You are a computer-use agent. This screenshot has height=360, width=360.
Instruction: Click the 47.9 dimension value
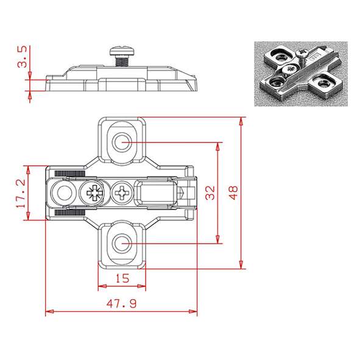coord(121,303)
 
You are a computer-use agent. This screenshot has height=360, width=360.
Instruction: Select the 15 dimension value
coord(122,278)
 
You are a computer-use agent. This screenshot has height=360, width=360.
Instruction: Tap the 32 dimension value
coord(210,193)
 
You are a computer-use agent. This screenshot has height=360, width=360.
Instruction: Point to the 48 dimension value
coord(233,193)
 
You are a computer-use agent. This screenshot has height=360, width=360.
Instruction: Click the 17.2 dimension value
coord(21,193)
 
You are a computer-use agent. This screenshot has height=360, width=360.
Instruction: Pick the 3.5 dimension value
coord(23,57)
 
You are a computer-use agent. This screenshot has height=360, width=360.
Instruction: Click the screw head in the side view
coord(122,52)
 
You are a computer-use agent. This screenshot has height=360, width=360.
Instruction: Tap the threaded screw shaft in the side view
coord(122,62)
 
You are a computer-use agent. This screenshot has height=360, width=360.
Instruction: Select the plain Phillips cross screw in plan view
coord(121,192)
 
